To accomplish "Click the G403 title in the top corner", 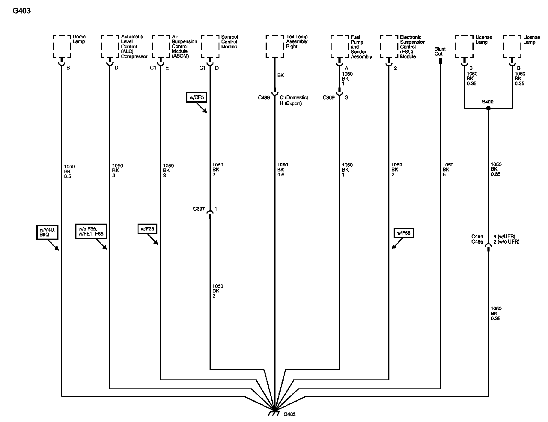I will tap(22, 11).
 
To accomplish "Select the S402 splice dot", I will tap(488, 108).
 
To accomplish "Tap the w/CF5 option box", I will tap(196, 98).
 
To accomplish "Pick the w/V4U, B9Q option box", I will tap(46, 232).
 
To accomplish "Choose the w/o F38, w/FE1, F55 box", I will tap(91, 231).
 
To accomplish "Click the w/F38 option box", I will tap(147, 229).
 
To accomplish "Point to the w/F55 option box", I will tap(404, 233).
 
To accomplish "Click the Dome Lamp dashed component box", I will tap(62, 46).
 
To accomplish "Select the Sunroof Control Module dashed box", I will tap(210, 46).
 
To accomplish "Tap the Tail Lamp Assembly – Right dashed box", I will tap(275, 46).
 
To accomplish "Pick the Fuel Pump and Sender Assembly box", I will tap(340, 47).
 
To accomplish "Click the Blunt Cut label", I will tap(440, 51).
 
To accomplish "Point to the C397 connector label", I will tap(199, 209).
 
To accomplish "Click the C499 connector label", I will tap(264, 97).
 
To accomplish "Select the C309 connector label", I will tap(329, 97).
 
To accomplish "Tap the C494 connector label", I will tap(477, 237).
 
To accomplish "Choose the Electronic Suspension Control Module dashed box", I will tap(389, 47).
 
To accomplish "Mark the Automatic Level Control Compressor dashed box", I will tap(110, 46).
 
